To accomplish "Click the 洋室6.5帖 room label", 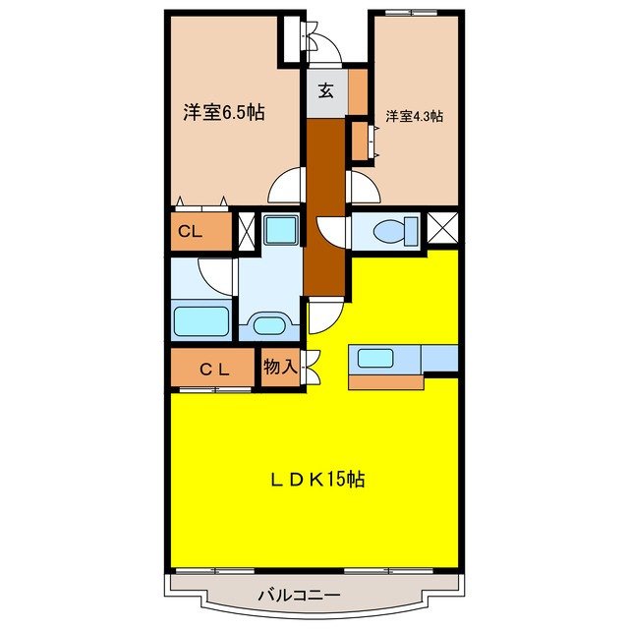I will coord(223,112).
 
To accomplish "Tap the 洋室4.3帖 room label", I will coord(414,116).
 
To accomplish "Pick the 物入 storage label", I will coord(280,367).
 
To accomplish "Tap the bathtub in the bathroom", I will coord(202,321).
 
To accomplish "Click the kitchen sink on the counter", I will coord(374,358).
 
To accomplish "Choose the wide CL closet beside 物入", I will coord(214,369).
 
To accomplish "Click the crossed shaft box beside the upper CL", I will coord(246,232).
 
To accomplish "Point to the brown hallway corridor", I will coord(325,206).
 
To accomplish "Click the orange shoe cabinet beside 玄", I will coord(358,89).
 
